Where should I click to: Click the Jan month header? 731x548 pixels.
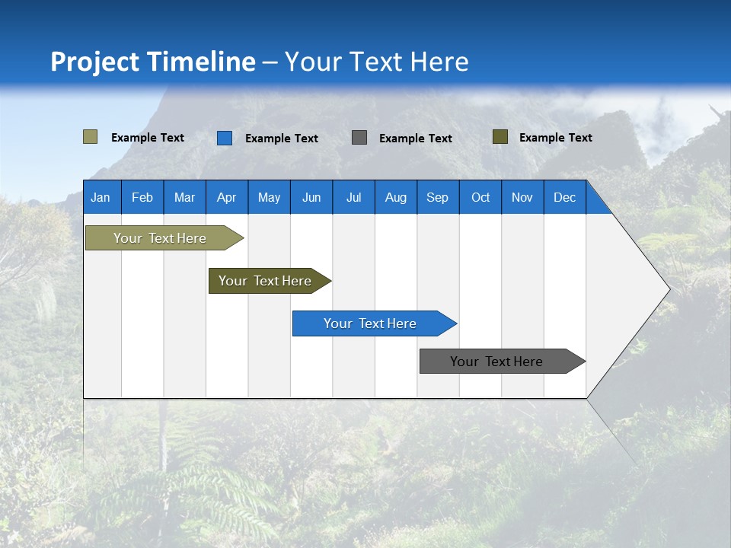point(101,197)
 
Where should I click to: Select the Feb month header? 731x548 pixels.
point(142,197)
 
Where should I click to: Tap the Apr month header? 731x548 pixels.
point(227,197)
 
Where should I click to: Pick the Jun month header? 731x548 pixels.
point(311,197)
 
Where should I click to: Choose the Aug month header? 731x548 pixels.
point(396,197)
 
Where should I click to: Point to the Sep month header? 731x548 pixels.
point(438,197)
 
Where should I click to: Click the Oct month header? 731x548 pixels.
point(480,197)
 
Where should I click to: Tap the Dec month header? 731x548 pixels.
point(565,197)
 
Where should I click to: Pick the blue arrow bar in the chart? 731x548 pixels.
point(371,323)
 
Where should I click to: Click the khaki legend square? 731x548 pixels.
point(91,137)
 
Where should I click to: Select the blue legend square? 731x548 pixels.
point(225,138)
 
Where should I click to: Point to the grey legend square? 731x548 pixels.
point(359,138)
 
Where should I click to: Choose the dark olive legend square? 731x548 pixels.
point(500,137)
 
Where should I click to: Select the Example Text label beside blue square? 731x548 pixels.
point(282,139)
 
